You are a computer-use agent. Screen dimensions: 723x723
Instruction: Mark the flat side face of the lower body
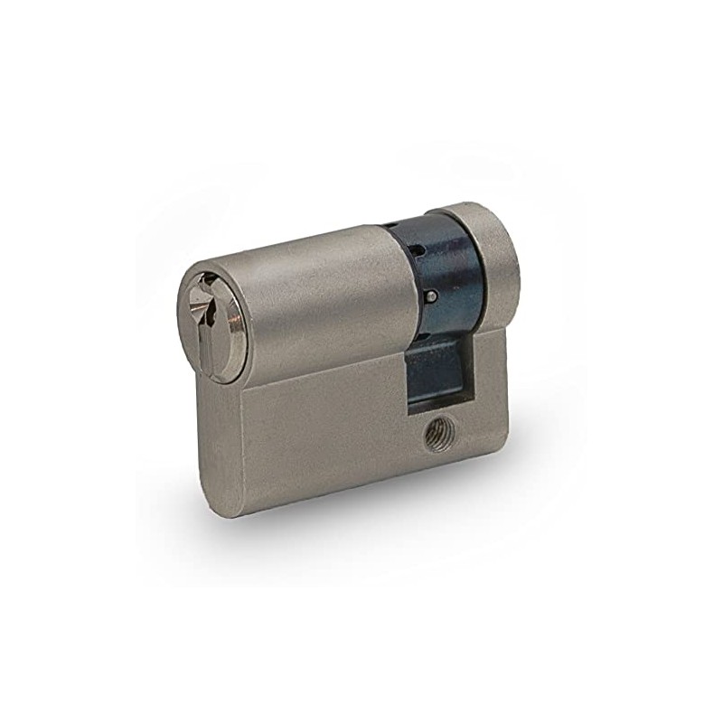[343, 434]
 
